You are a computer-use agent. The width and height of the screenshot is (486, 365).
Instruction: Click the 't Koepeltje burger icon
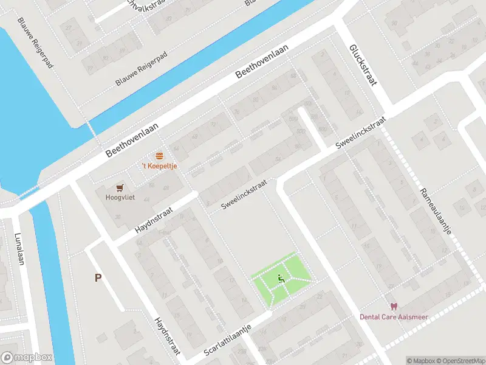coord(160,156)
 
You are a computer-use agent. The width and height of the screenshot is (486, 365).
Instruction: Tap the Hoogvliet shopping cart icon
coord(120,187)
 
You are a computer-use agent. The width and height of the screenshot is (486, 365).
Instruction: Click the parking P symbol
coord(97,277)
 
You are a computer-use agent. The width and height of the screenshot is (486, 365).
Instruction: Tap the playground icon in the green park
coord(281,279)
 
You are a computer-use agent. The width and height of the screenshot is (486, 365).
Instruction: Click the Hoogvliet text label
coord(120,198)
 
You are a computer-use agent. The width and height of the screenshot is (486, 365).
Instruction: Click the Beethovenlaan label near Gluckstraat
coord(261,63)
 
